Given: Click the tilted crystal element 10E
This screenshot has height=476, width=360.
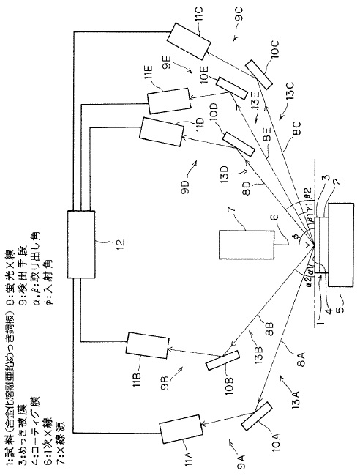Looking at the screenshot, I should click(x=235, y=87).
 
